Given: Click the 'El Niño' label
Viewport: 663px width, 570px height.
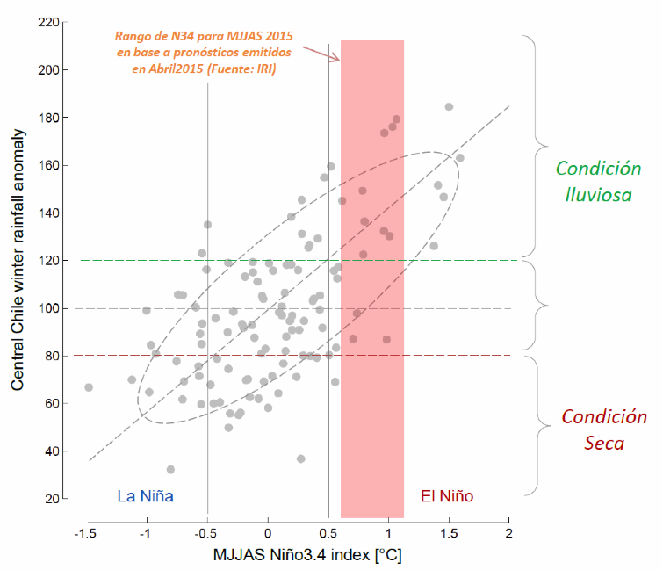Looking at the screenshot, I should pos(447,496).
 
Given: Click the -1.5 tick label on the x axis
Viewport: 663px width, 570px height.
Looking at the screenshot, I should pos(85,533).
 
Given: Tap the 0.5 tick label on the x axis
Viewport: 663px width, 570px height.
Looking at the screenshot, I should pos(328,533).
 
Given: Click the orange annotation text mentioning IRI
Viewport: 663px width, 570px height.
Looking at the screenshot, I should pos(204,52).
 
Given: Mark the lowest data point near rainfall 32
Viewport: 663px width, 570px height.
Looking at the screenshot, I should pos(170,470).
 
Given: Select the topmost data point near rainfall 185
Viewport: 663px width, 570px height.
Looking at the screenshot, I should pos(449,107).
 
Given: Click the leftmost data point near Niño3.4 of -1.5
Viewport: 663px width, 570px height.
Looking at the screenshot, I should pos(89,387).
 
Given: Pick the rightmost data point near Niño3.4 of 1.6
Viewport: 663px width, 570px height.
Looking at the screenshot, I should pos(459,158).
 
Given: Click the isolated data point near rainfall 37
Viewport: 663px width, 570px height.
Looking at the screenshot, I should pos(300,458).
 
